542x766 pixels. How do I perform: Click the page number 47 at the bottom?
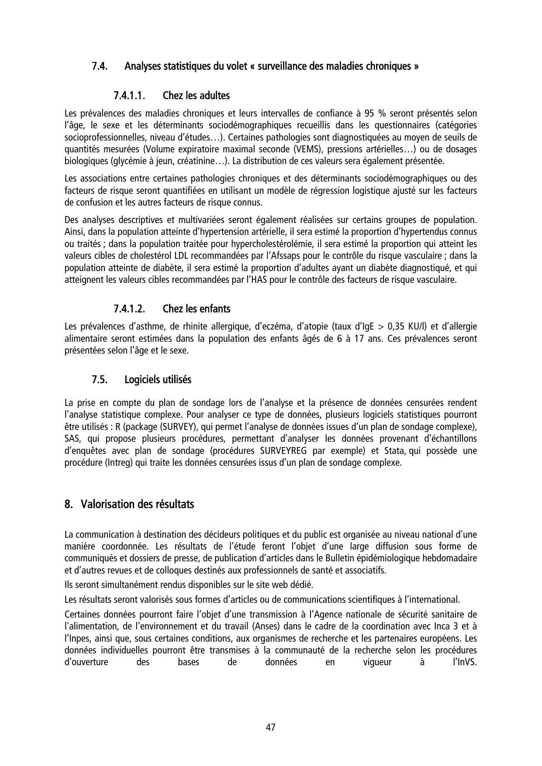point(271,727)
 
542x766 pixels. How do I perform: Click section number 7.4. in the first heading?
point(100,67)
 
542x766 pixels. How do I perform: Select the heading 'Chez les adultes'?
point(196,95)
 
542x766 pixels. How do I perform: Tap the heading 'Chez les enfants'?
point(196,309)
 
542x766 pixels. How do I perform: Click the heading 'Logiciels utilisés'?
point(158,380)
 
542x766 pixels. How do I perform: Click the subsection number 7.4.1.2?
point(129,309)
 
